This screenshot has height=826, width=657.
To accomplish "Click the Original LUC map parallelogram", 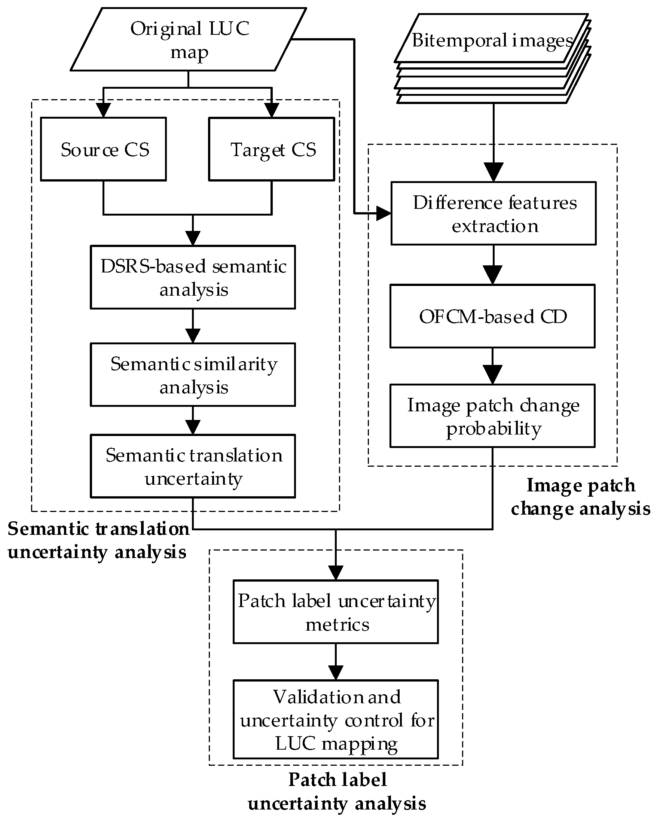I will point(189,40).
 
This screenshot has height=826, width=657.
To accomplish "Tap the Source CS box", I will point(103,149).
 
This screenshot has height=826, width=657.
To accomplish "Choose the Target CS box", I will point(272,149).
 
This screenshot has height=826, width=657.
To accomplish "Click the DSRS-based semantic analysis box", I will point(193,277).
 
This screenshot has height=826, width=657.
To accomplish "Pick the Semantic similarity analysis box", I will point(193,375).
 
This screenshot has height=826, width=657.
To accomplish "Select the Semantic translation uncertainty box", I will point(193,466).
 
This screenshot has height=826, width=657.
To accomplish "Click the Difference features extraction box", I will point(493,213).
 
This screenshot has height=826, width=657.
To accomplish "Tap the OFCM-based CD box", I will point(492,316).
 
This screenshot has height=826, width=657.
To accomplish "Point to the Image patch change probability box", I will point(492,416).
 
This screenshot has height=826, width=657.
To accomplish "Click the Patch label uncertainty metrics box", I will point(336,612).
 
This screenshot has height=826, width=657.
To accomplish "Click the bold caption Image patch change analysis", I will point(580,497).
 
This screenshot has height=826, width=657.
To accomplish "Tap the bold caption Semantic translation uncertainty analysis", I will point(98,540).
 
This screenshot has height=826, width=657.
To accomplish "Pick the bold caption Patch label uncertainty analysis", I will point(337,792).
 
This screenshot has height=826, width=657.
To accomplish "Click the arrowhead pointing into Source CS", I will point(103,110).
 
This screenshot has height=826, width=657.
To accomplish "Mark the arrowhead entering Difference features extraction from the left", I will point(383,213).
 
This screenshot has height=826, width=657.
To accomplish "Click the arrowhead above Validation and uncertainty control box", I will point(336,673).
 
